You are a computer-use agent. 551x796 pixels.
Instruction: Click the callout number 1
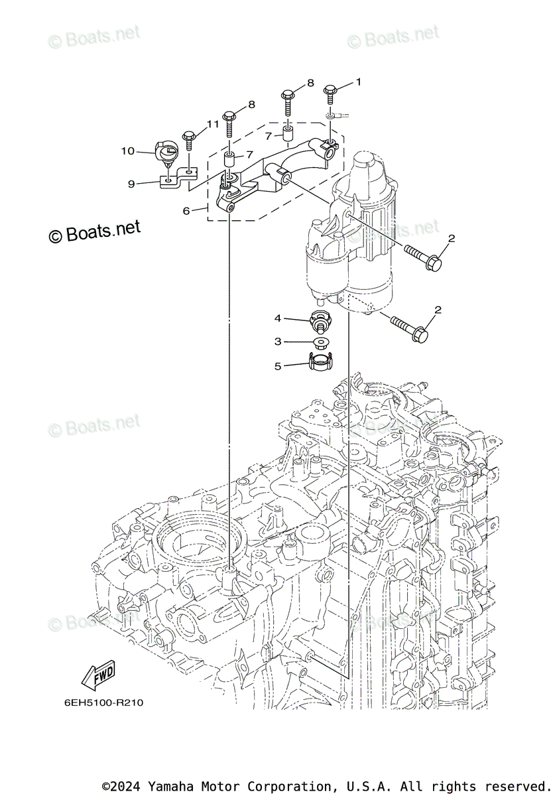click(359, 82)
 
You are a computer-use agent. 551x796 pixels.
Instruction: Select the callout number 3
click(278, 341)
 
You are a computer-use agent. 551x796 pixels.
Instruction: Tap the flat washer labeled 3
click(321, 343)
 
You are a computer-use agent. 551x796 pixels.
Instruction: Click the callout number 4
click(278, 318)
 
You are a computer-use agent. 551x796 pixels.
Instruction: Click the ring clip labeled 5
click(321, 362)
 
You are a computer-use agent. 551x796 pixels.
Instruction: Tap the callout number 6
click(186, 210)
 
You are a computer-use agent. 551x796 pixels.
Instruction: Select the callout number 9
click(131, 184)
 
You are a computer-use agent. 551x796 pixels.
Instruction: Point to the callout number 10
click(127, 151)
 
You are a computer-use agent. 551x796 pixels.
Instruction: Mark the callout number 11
click(212, 123)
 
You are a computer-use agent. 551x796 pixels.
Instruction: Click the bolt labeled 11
click(188, 139)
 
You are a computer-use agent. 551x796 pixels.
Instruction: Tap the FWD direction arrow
click(98, 675)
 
